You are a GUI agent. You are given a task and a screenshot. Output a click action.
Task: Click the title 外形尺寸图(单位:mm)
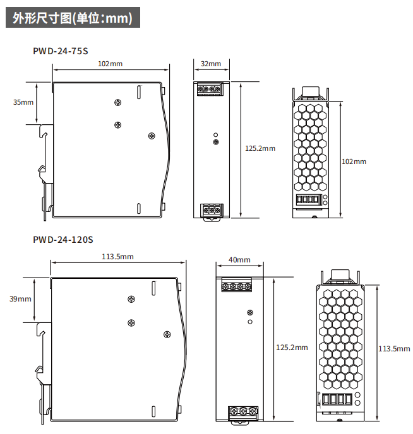pyautogui.click(x=73, y=18)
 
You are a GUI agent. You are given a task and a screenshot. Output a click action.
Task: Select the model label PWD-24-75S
pyautogui.click(x=61, y=51)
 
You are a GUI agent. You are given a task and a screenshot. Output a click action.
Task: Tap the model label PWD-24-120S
pyautogui.click(x=63, y=240)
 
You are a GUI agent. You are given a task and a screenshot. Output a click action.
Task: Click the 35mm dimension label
pyautogui.click(x=23, y=102)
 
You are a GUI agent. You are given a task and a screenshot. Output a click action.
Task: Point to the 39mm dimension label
pyautogui.click(x=20, y=299)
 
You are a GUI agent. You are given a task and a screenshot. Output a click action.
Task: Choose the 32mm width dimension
pyautogui.click(x=211, y=64)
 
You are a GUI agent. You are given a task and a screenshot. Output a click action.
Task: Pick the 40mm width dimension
pyautogui.click(x=239, y=260)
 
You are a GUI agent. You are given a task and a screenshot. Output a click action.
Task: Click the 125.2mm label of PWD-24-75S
pyautogui.click(x=260, y=148)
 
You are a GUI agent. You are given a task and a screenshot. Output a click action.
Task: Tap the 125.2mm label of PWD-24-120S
pyautogui.click(x=292, y=348)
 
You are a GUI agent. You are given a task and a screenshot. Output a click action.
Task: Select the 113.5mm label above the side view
pyautogui.click(x=117, y=257)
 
